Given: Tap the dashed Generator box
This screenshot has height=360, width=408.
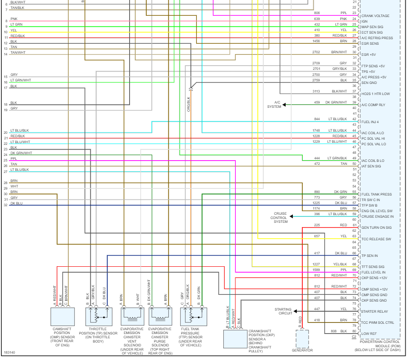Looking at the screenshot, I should (x=302, y=339).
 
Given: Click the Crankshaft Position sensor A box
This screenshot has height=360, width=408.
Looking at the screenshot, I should (x=235, y=338).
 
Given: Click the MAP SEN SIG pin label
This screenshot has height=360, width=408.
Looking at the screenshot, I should (x=372, y=27).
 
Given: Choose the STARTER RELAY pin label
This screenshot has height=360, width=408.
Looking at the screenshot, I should (x=374, y=311).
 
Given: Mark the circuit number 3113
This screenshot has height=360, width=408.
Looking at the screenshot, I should (x=316, y=91).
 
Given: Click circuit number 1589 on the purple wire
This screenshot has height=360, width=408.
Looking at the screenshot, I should (x=316, y=270).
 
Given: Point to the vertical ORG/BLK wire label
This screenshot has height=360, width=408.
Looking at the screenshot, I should (x=188, y=104).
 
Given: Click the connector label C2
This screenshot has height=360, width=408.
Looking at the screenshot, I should (x=354, y=337).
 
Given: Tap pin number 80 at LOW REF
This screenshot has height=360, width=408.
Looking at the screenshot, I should (x=354, y=331).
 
